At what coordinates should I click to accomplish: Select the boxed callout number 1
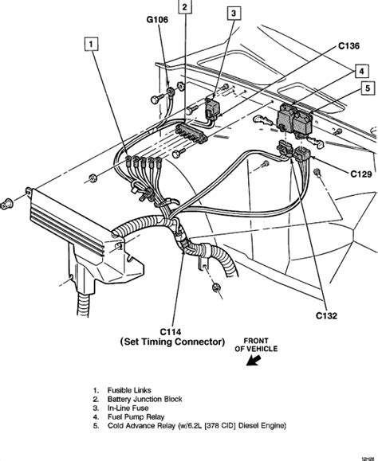[93, 45]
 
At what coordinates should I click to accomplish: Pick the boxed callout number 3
[233, 14]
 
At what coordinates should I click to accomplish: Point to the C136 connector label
[348, 46]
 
